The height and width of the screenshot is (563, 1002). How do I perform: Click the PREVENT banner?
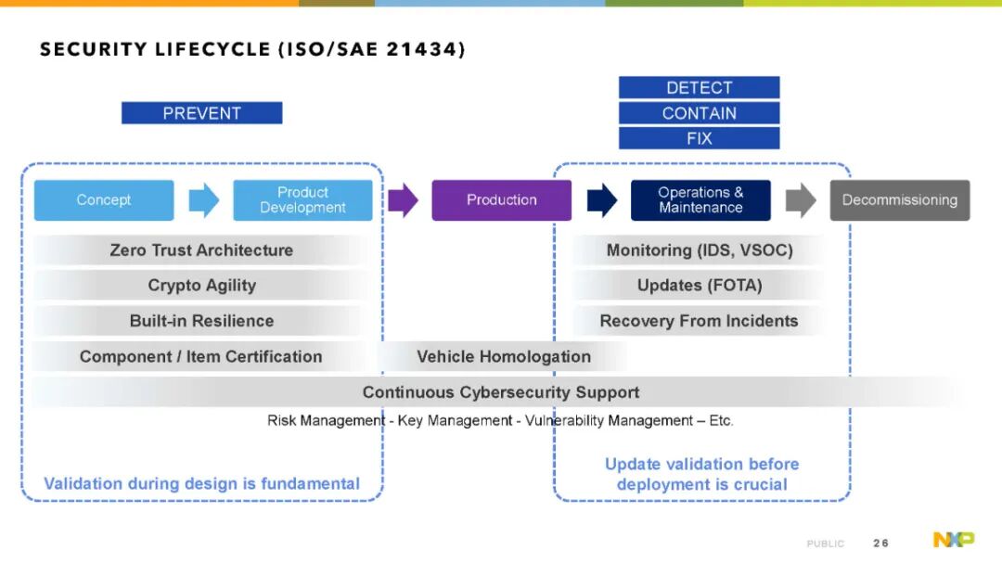click(202, 113)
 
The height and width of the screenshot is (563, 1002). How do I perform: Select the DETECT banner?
click(700, 87)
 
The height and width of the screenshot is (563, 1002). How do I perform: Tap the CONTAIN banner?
click(700, 113)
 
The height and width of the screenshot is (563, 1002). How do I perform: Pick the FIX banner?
click(700, 138)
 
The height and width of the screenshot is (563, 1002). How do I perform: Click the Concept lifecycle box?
click(104, 200)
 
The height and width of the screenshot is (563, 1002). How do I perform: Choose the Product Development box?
click(302, 200)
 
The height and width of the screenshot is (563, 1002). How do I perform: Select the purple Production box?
click(502, 200)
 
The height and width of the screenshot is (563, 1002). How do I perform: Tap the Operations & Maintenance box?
click(700, 200)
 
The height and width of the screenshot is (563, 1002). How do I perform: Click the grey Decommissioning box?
click(900, 200)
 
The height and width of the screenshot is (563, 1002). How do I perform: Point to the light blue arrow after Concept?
click(204, 200)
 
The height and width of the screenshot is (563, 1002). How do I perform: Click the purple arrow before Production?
click(404, 200)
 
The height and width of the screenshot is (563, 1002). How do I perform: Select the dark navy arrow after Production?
click(602, 200)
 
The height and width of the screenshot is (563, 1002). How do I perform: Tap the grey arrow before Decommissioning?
click(801, 200)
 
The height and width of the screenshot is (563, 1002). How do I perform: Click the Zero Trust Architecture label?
click(201, 250)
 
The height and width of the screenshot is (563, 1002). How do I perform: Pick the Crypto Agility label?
click(202, 286)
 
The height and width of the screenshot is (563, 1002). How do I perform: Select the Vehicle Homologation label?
click(504, 356)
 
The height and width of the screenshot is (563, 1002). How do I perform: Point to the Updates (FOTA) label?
click(700, 286)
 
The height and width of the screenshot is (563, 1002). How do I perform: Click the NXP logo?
click(954, 540)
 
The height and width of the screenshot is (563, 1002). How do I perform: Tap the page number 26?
click(880, 544)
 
